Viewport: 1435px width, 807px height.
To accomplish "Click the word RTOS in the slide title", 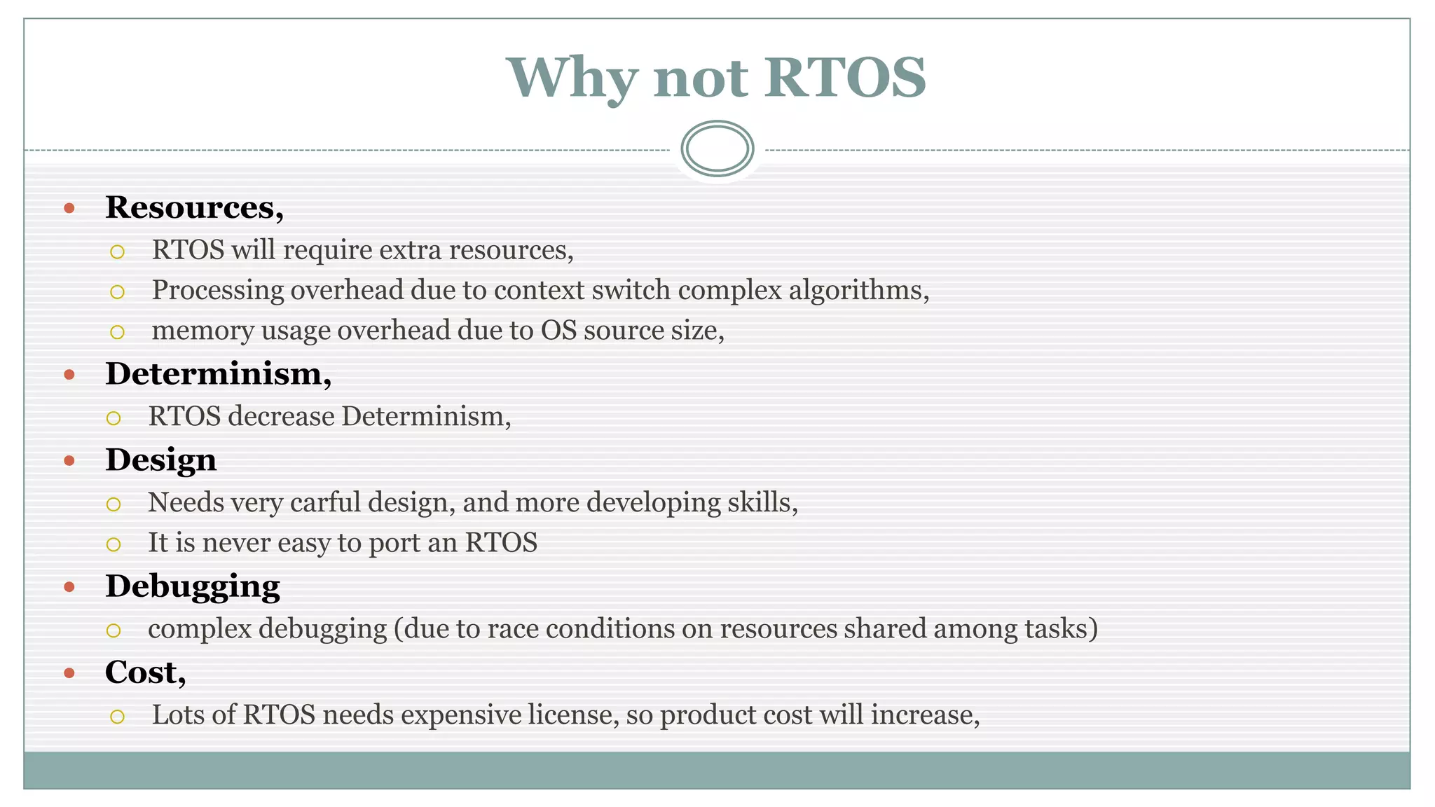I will [x=845, y=77].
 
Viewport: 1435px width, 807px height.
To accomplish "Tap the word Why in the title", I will [x=571, y=78].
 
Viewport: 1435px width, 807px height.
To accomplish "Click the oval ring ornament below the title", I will [x=717, y=149].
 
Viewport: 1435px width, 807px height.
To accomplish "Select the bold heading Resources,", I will [x=194, y=207].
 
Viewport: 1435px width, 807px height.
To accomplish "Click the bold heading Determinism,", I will [x=218, y=374].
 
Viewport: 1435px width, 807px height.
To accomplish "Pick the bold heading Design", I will [x=160, y=460].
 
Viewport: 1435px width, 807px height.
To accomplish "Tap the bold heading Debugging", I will [x=192, y=586].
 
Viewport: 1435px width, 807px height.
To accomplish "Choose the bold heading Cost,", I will [x=145, y=672].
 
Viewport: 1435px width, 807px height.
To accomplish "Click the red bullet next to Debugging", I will [x=69, y=587].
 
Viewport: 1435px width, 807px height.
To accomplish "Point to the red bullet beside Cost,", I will [x=69, y=673].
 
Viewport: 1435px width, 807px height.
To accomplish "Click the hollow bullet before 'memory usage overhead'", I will [x=117, y=332].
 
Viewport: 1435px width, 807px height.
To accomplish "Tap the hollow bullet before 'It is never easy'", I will [x=114, y=544].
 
